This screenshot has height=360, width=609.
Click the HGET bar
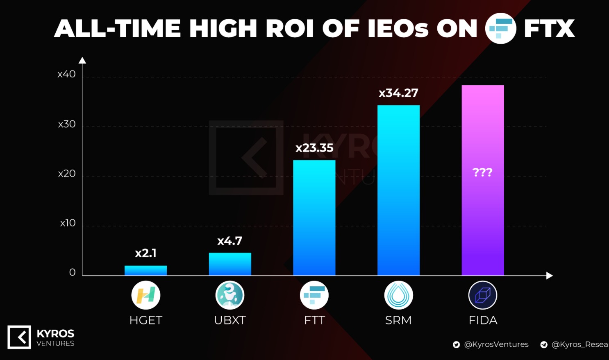coord(145,270)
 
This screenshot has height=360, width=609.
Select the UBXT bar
coord(230,264)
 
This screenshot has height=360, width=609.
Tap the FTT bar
coord(314,217)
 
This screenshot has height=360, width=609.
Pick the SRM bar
coord(398,190)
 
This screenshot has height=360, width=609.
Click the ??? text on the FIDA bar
coord(482,172)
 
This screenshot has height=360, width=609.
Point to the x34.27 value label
coord(398,93)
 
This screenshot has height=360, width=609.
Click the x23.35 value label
coord(314,148)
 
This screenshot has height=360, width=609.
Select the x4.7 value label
coord(230,241)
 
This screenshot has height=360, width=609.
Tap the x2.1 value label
coord(145,253)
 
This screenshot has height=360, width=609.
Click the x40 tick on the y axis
coord(66,74)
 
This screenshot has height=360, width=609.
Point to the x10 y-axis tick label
coord(68,223)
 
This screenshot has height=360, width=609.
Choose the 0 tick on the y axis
coord(72,272)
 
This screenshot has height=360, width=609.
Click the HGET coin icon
coord(145,295)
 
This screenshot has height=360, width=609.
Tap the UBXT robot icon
coord(230,295)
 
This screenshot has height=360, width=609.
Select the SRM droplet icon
coord(398,295)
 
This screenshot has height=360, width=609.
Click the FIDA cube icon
coord(482,295)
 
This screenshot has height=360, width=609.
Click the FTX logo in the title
coord(500,29)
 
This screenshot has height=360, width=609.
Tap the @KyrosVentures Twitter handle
coord(496,344)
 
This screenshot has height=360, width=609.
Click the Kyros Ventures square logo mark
coord(19,337)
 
